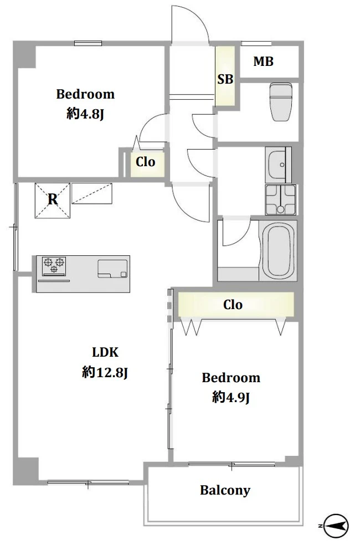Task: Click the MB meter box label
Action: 263,61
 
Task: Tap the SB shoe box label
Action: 225,80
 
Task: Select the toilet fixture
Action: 281,102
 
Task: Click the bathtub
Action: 277,250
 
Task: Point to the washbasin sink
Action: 279,164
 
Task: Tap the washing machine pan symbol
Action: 280,199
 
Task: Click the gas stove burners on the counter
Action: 54,265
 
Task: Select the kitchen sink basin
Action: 112,269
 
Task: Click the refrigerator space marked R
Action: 53,200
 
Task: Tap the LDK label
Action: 105,352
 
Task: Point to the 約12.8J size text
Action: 105,372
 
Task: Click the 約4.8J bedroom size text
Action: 85,114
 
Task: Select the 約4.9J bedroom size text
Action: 231,397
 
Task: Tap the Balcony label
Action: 225,490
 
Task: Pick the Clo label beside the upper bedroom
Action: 145,162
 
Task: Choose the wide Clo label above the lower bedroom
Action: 233,305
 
